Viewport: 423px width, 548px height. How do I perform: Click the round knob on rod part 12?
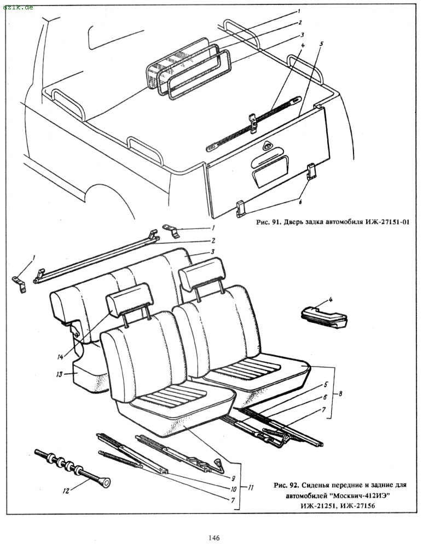106,482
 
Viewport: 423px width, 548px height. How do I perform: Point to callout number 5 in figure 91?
322,42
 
